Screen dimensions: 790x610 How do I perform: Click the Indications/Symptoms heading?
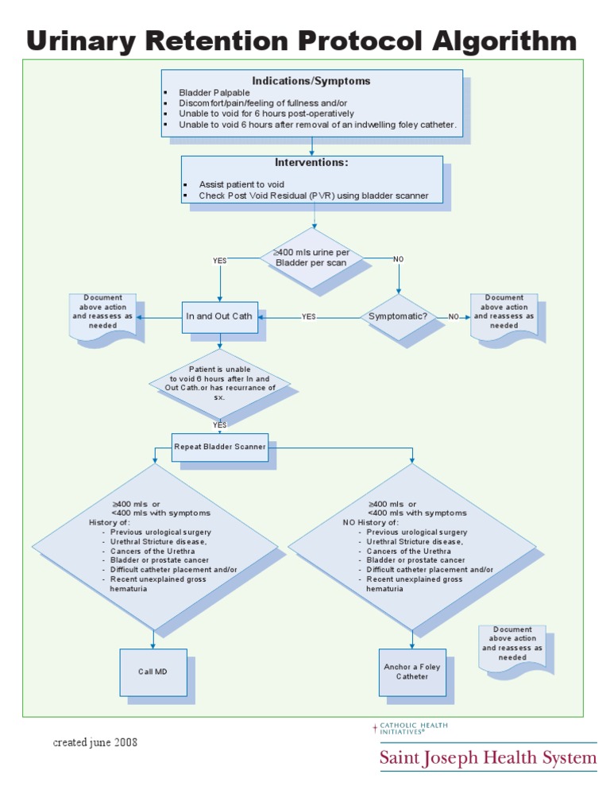(311, 81)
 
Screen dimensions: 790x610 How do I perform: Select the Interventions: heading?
(311, 163)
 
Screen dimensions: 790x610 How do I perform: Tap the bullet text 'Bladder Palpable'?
(214, 93)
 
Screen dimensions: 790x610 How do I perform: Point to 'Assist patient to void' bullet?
(241, 184)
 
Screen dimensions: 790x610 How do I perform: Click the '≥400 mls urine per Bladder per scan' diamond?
(315, 258)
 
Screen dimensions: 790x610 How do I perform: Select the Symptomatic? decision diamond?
(398, 316)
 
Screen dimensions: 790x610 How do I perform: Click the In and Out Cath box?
(219, 316)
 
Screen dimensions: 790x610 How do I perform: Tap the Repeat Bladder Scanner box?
(220, 447)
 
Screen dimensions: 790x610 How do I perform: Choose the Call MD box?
(152, 672)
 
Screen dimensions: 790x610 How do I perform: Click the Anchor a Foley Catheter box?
(411, 672)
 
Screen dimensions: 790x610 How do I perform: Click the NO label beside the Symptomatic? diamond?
(454, 316)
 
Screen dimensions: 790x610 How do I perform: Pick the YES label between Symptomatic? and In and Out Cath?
(308, 316)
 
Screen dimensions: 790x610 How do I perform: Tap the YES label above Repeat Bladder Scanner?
(220, 424)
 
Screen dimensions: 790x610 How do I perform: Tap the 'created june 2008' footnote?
(95, 742)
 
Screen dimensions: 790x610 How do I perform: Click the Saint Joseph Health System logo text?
(487, 757)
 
